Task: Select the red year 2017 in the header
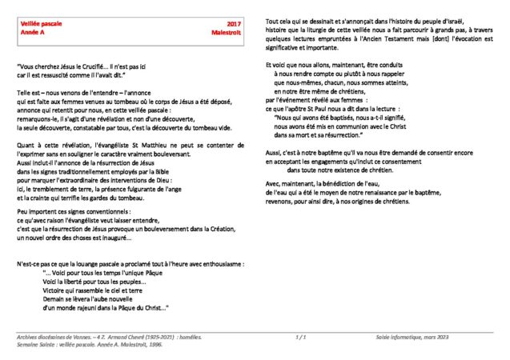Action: (x=235, y=26)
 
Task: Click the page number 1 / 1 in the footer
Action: (x=302, y=338)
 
